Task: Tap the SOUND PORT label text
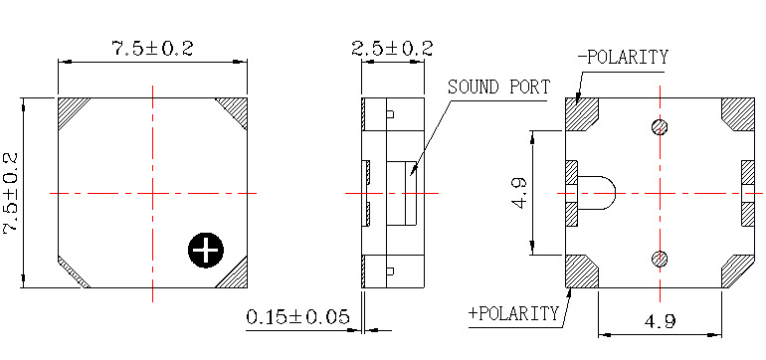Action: click(x=498, y=87)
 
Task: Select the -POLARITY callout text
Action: click(x=623, y=57)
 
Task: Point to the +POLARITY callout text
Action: click(x=513, y=312)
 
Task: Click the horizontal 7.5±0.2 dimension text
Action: click(x=153, y=49)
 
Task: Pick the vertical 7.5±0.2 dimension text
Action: click(x=11, y=194)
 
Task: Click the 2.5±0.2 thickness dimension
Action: click(x=392, y=49)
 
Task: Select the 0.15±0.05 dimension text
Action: click(x=298, y=317)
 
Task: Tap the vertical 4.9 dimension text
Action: click(x=519, y=194)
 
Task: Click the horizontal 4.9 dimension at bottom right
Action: click(x=660, y=321)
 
